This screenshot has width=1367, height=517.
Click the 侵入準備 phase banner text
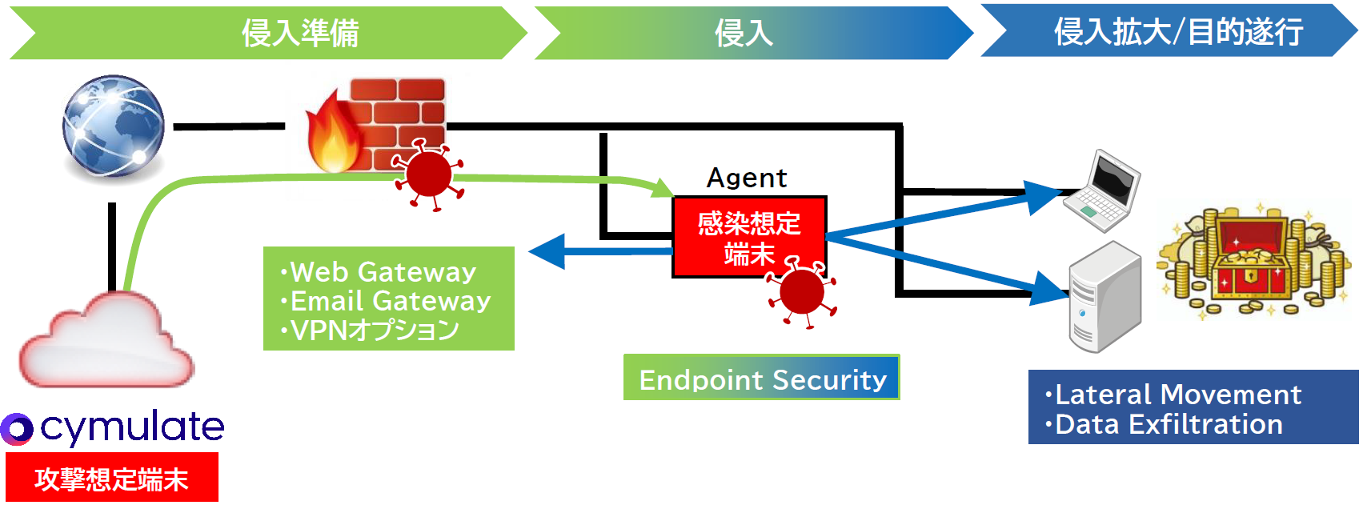[300, 34]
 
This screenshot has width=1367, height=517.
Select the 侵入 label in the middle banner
[744, 34]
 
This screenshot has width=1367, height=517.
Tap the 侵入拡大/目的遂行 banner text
[1178, 32]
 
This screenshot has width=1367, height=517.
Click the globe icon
[114, 126]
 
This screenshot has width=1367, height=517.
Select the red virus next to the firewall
[429, 174]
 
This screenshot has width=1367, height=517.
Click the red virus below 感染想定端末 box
[801, 292]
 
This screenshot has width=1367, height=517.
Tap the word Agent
[747, 178]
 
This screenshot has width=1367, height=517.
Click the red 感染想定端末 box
[749, 236]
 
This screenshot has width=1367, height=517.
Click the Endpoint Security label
[762, 379]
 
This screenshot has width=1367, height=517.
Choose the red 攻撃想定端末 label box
[112, 478]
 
